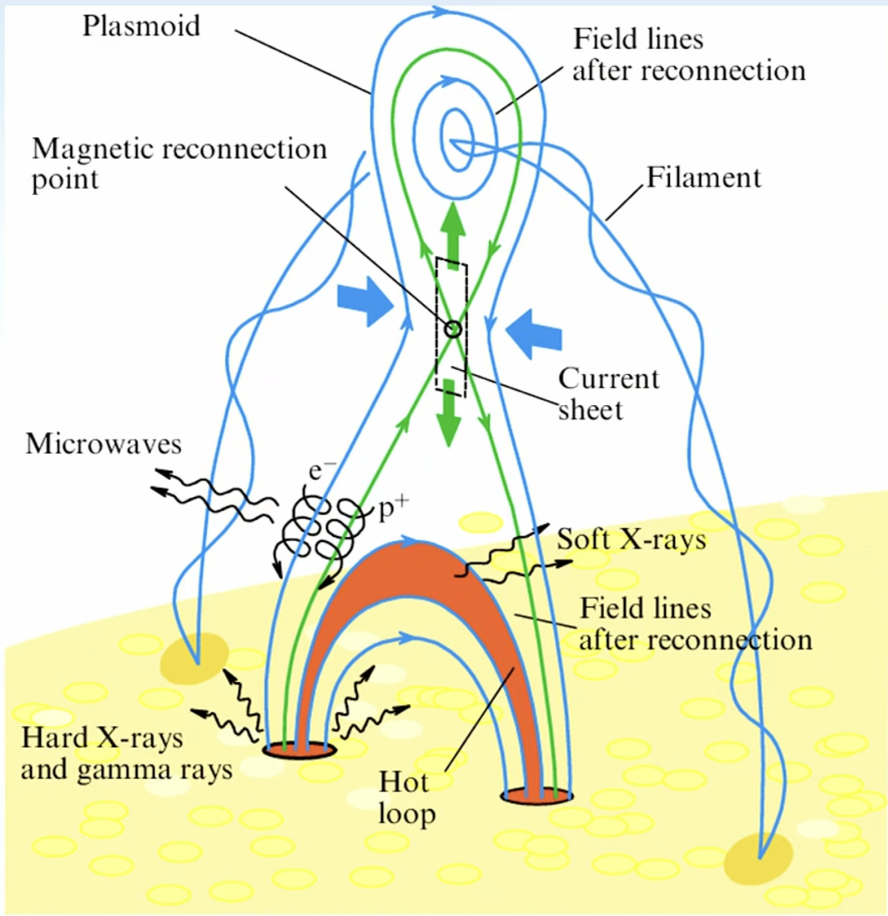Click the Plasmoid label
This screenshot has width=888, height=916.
(x=141, y=26)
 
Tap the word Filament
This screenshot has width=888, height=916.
(x=703, y=178)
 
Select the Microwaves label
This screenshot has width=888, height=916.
(x=103, y=444)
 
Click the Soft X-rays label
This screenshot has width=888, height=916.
(x=631, y=540)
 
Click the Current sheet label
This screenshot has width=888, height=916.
(x=608, y=394)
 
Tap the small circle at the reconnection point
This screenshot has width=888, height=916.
(x=453, y=329)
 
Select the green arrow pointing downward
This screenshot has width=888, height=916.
(x=448, y=413)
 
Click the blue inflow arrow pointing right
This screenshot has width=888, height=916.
(x=366, y=301)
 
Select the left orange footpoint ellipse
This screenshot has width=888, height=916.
(x=300, y=750)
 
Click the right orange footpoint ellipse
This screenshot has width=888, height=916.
(x=537, y=796)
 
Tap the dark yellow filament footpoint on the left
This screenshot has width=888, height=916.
(x=194, y=659)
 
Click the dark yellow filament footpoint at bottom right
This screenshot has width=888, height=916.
(x=758, y=859)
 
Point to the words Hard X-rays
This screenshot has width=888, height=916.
(x=102, y=738)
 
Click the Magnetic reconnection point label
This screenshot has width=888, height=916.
(x=179, y=164)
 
